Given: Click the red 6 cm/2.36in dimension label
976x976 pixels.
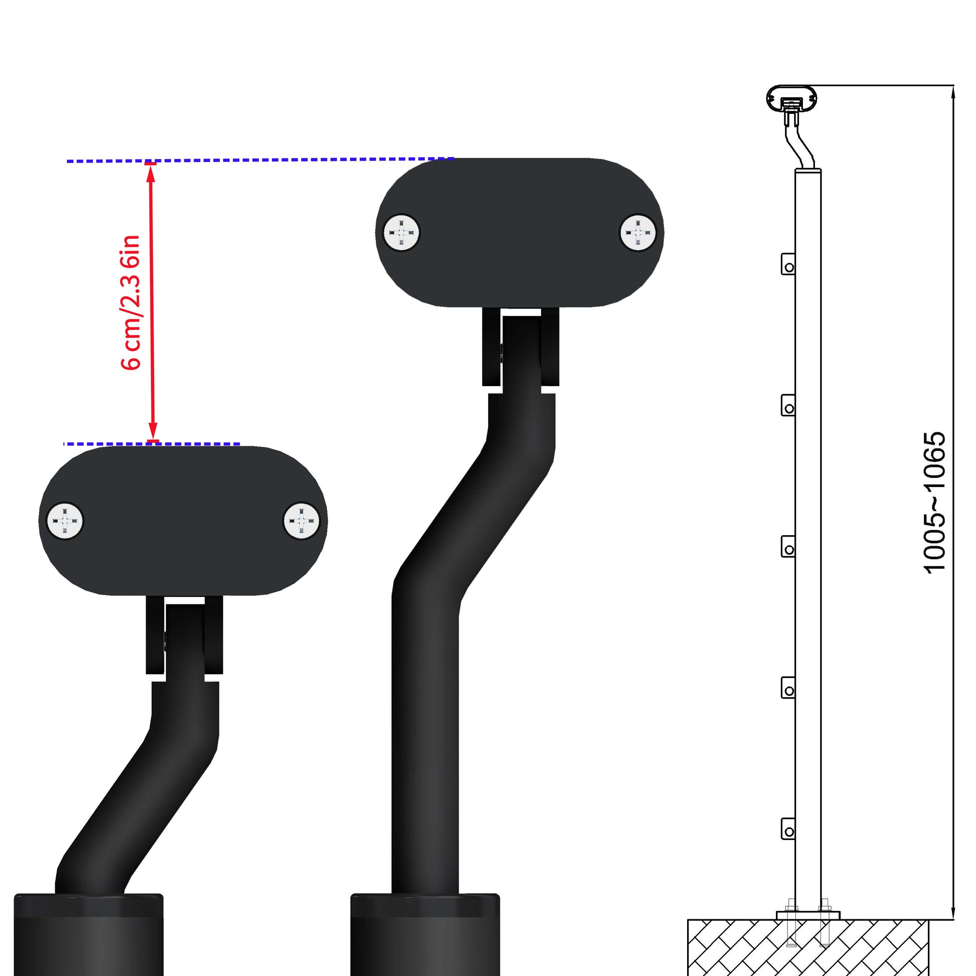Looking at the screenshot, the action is point(130,302).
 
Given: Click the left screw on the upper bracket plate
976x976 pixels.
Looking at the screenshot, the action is point(402,233).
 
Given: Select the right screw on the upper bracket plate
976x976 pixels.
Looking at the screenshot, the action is point(638,233).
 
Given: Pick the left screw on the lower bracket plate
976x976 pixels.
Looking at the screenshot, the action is point(65,521).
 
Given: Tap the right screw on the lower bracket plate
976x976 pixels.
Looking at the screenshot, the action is point(301,521).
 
